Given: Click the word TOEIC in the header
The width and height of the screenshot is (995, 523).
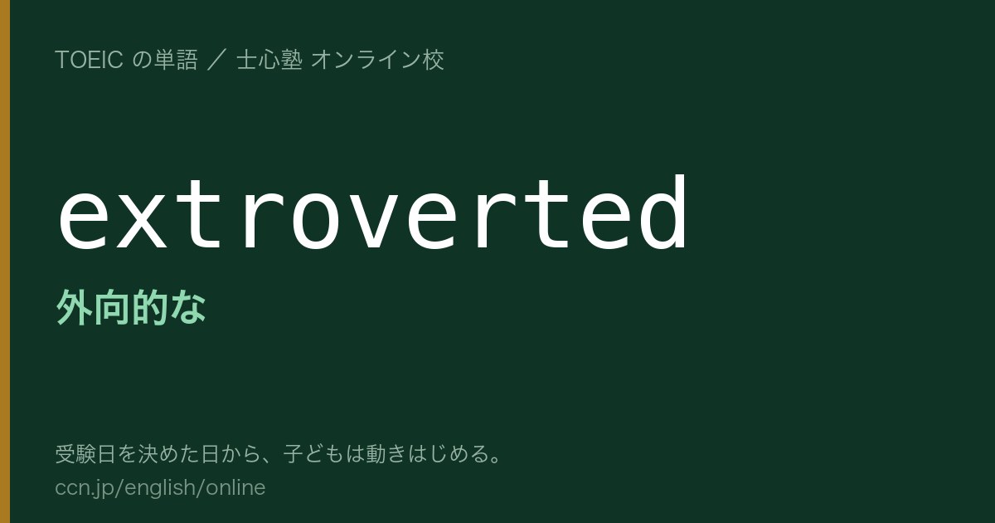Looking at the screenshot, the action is [89, 60].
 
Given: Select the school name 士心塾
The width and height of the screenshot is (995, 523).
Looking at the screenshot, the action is [269, 60].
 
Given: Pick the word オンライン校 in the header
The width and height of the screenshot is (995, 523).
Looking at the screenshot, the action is [377, 60].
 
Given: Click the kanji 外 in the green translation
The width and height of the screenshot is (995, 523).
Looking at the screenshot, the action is [74, 307].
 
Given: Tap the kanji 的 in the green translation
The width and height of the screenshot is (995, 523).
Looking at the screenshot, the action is [150, 307].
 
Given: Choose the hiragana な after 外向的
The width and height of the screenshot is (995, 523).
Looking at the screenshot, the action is [188, 307].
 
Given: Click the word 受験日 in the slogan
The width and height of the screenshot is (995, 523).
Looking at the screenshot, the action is [85, 454].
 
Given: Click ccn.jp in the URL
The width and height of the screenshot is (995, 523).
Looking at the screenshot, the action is [85, 488].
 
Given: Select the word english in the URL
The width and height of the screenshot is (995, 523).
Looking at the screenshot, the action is [159, 488].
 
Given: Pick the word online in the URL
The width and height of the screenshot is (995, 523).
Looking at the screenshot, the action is [235, 487].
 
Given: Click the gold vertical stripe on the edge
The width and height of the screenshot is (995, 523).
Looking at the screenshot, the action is [5, 261].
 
